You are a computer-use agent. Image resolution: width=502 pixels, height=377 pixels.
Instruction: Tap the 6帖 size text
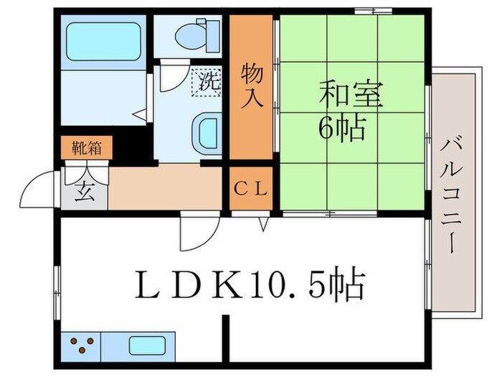(343, 129)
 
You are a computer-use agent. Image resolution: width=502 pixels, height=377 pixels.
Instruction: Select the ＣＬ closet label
(251, 190)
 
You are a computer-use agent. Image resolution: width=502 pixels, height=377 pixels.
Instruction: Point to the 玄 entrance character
(85, 192)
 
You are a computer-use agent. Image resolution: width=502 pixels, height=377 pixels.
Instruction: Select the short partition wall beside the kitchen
(227, 338)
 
